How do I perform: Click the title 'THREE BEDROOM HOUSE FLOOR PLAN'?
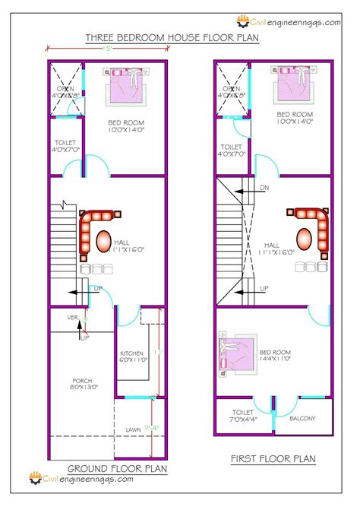pyautogui.click(x=172, y=37)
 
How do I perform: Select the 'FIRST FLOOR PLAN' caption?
pyautogui.click(x=273, y=459)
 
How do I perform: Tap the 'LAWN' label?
pyautogui.click(x=134, y=429)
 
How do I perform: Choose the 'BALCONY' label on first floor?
pyautogui.click(x=302, y=419)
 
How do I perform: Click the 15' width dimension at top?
pyautogui.click(x=110, y=50)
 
